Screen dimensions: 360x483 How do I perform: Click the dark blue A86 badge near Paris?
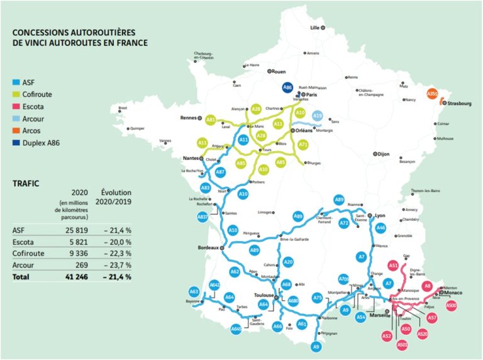click(x=287, y=88)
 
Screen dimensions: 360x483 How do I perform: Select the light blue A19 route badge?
click(x=318, y=116)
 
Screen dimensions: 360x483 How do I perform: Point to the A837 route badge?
click(x=203, y=217)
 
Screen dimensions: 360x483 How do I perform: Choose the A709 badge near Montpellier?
click(x=343, y=279)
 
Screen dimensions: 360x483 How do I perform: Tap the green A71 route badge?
click(x=303, y=145)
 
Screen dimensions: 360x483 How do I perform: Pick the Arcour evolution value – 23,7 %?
click(x=117, y=266)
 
